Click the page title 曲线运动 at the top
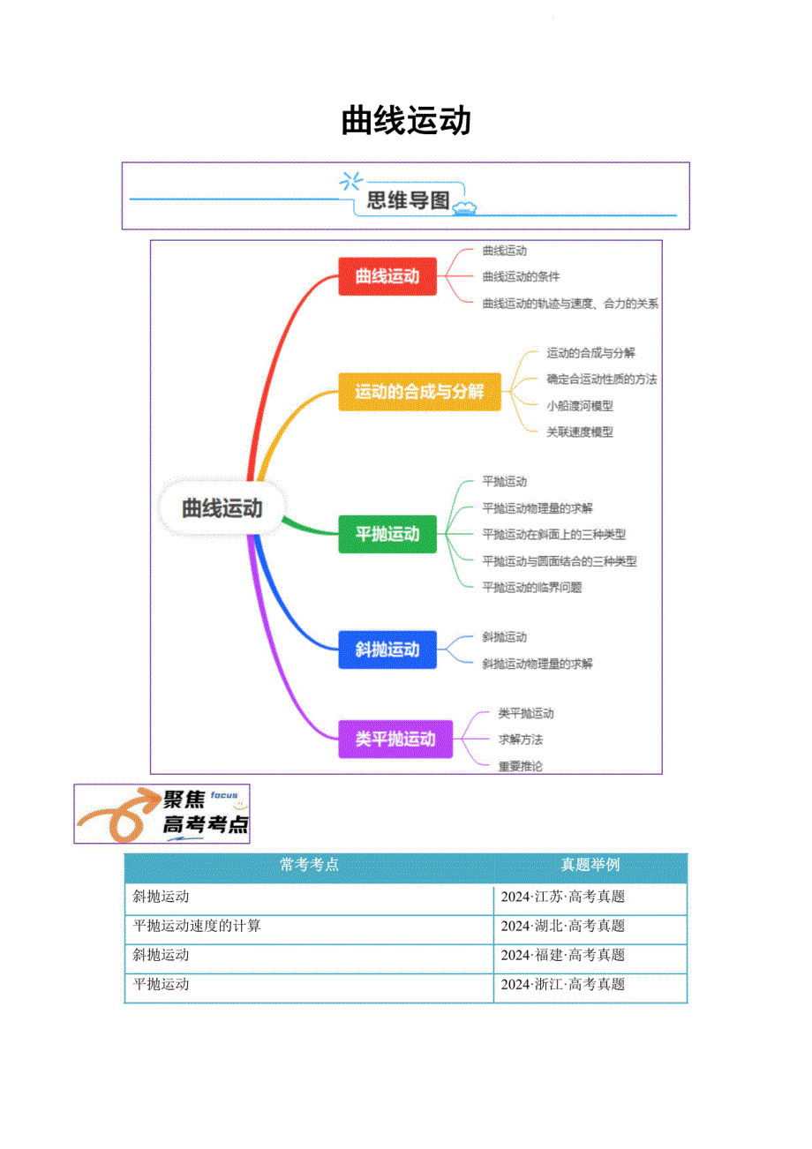point(406,121)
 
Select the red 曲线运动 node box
point(387,276)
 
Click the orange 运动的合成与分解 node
point(419,391)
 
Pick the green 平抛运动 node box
point(387,534)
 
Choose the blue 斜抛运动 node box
point(387,650)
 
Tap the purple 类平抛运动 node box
point(395,739)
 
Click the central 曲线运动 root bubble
point(222,508)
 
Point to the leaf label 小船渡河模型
point(579,406)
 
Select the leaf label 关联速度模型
point(579,432)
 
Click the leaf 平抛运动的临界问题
point(532,587)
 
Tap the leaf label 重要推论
point(520,766)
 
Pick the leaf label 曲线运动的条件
point(521,276)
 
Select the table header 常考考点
point(309,866)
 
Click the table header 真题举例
point(590,866)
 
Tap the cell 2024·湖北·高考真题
point(563,926)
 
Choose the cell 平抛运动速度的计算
point(196,926)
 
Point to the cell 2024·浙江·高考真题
point(563,984)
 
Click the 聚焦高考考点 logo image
point(162,814)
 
